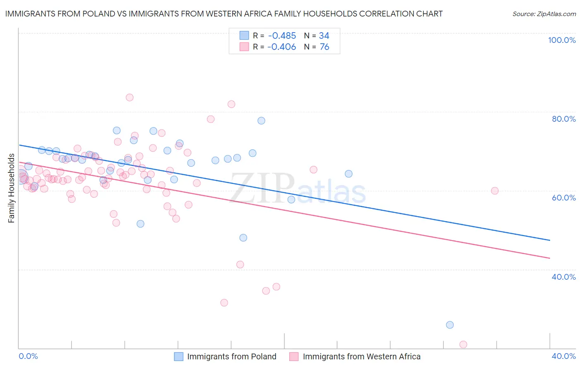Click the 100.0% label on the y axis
562,40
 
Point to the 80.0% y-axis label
564,119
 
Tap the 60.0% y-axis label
564,198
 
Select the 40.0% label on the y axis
564,277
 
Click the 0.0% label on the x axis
28,356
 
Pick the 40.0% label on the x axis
564,356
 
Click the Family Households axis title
12,188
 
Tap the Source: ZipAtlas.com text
544,14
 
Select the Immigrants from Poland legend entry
225,356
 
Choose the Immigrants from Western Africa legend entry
355,356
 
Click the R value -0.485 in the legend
281,36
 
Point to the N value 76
324,47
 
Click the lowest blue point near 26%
450,325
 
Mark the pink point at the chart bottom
463,344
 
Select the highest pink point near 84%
129,97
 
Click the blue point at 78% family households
261,121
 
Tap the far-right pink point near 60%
495,191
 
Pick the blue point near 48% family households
243,238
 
